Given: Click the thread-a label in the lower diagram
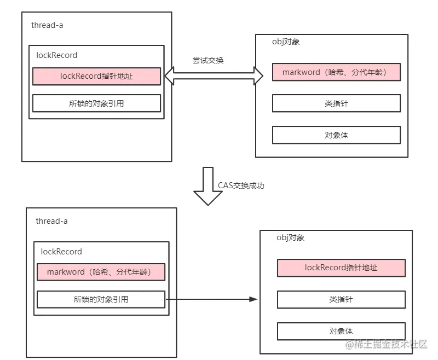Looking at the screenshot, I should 51,221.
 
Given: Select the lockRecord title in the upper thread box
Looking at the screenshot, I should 56,55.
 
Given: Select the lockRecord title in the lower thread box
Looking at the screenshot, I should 61,252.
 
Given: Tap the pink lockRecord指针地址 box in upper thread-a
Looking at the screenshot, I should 96,76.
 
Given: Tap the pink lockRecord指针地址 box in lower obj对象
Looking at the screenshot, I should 341,268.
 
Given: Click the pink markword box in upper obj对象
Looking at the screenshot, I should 336,72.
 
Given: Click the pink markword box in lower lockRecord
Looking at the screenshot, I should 101,272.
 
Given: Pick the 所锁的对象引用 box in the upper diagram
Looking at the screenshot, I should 96,103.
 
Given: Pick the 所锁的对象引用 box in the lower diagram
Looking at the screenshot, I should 101,299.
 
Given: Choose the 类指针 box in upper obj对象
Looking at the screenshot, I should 336,103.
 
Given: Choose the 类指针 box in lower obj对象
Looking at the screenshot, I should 341,299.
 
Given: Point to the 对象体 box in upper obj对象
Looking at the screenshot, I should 336,135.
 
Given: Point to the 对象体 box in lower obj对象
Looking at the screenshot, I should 341,331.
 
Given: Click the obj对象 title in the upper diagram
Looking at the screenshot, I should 287,42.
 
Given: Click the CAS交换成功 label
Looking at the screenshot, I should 241,185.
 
